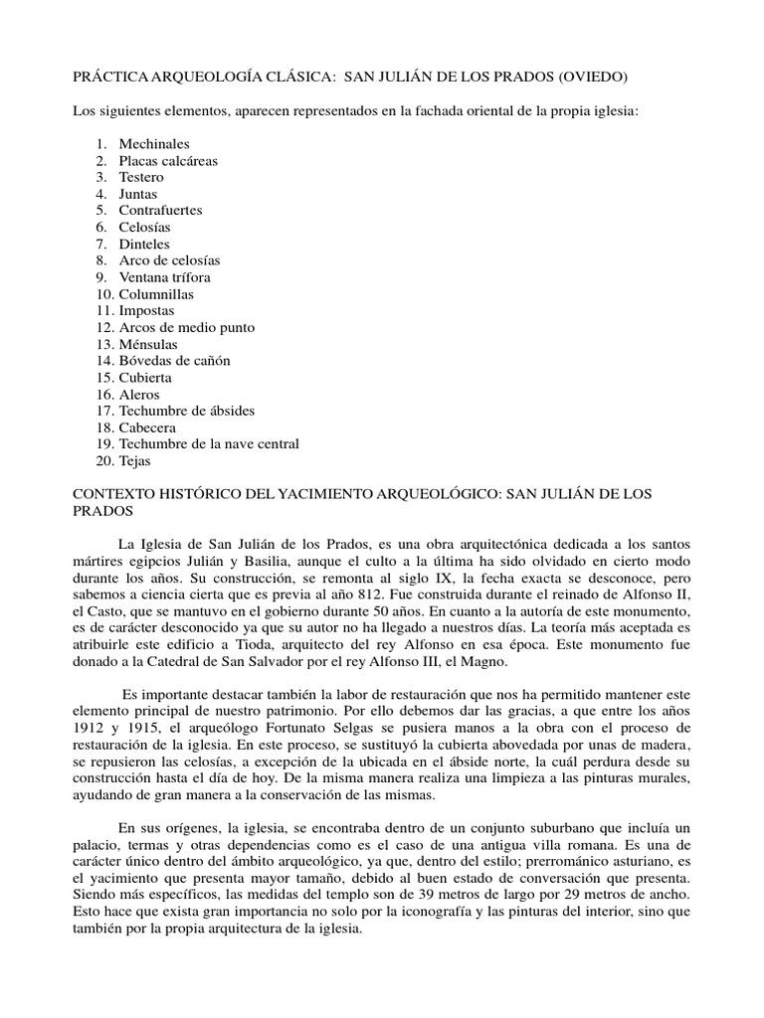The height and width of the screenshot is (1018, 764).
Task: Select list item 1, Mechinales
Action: coord(153,144)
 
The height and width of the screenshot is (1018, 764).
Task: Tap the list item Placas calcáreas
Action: coord(168,161)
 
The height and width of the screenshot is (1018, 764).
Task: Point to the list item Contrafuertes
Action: coord(160,211)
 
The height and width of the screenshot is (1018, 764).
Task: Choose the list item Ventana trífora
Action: coord(164,277)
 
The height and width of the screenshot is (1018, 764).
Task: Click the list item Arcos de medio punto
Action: coord(187,327)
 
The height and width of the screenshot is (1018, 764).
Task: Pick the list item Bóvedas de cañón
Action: coord(176,361)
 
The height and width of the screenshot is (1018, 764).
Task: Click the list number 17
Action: coord(104,411)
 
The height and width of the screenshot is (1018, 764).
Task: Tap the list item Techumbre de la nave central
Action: coord(209,443)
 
